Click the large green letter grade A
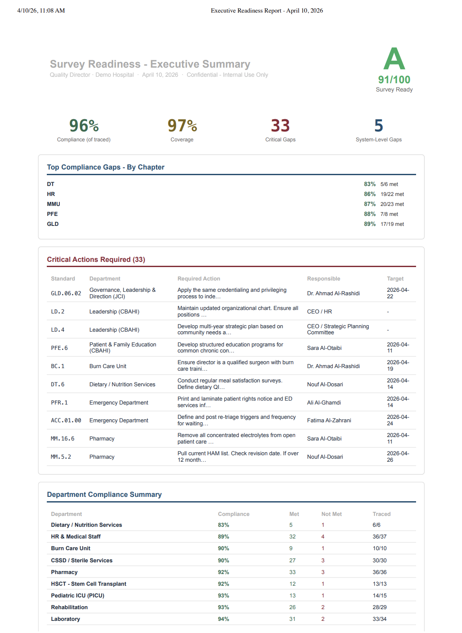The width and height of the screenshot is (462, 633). [394, 59]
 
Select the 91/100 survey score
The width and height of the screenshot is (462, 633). [394, 80]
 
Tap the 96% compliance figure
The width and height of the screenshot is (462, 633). [84, 126]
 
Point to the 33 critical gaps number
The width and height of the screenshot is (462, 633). [280, 126]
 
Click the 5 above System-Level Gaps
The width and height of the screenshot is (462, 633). [378, 126]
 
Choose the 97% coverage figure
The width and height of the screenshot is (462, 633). [182, 126]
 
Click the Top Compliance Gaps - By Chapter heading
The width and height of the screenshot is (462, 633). [105, 167]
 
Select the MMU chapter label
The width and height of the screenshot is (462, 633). [53, 204]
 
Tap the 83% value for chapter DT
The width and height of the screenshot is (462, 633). [369, 184]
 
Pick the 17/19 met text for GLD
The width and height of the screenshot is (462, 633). [392, 224]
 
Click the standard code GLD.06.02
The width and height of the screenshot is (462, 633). [66, 294]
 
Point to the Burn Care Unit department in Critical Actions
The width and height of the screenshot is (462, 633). [107, 366]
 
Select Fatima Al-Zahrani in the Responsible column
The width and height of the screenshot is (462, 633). [329, 421]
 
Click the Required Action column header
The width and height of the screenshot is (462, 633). [198, 279]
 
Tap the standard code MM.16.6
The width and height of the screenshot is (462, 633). [62, 439]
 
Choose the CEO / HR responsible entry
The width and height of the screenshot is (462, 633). [319, 312]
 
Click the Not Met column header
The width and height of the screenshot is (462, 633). [331, 514]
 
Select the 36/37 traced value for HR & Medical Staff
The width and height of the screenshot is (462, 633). [379, 537]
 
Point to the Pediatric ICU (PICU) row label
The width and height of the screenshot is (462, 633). [78, 596]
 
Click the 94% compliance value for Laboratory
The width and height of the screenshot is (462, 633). [223, 619]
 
